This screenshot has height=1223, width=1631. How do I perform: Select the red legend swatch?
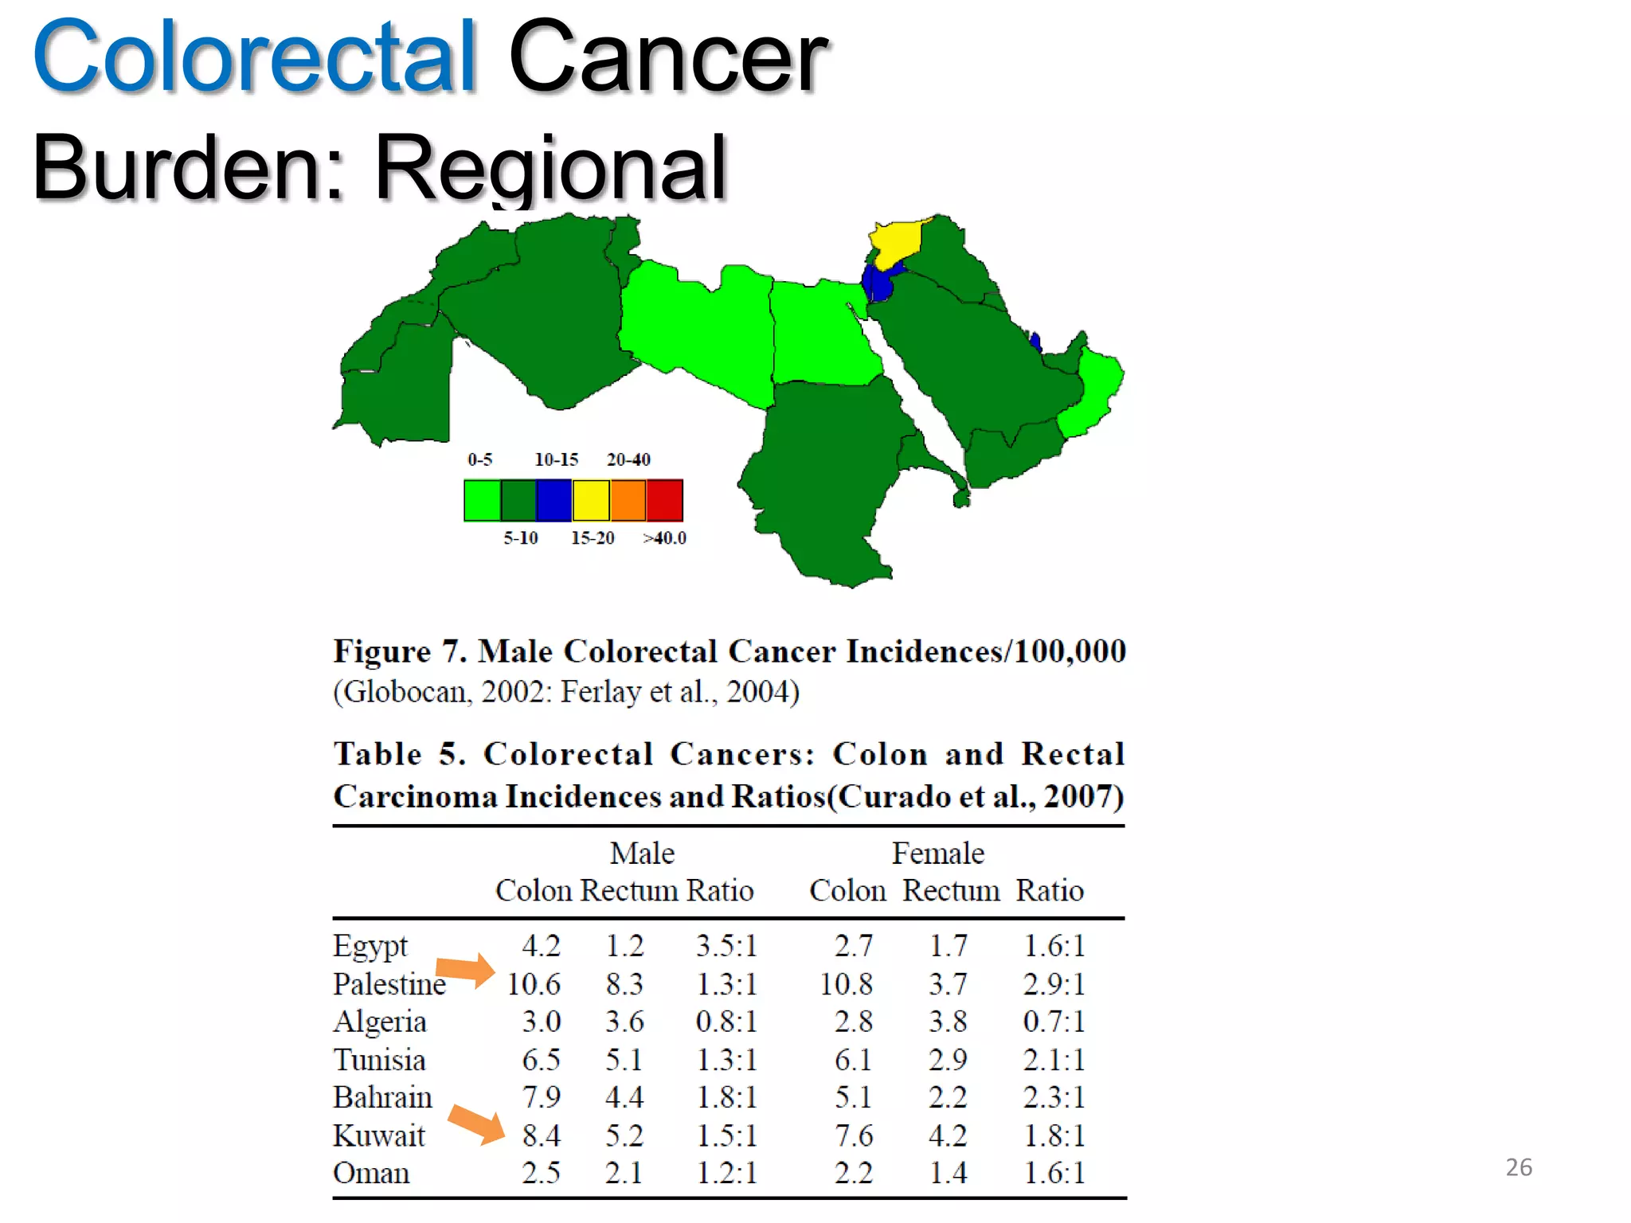664,500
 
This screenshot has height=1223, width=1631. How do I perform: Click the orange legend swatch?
628,500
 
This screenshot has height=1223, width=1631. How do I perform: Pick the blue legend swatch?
554,500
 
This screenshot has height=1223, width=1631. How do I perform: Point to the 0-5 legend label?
480,459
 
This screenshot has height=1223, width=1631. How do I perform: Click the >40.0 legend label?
665,538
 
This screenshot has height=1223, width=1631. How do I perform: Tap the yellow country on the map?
895,242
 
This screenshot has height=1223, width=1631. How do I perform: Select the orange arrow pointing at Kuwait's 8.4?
476,1123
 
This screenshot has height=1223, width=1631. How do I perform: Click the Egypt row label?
370,947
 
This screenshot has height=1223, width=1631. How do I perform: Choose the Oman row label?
371,1174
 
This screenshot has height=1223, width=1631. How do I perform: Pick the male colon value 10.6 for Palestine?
534,985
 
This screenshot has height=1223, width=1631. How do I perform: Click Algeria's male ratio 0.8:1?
726,1022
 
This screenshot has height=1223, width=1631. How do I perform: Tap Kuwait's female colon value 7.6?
854,1136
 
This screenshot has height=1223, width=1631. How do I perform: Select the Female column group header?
937,854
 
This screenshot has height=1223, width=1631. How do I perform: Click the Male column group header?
642,854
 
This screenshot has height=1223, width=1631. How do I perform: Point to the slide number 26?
1519,1167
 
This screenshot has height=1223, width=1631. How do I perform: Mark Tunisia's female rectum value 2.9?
948,1061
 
